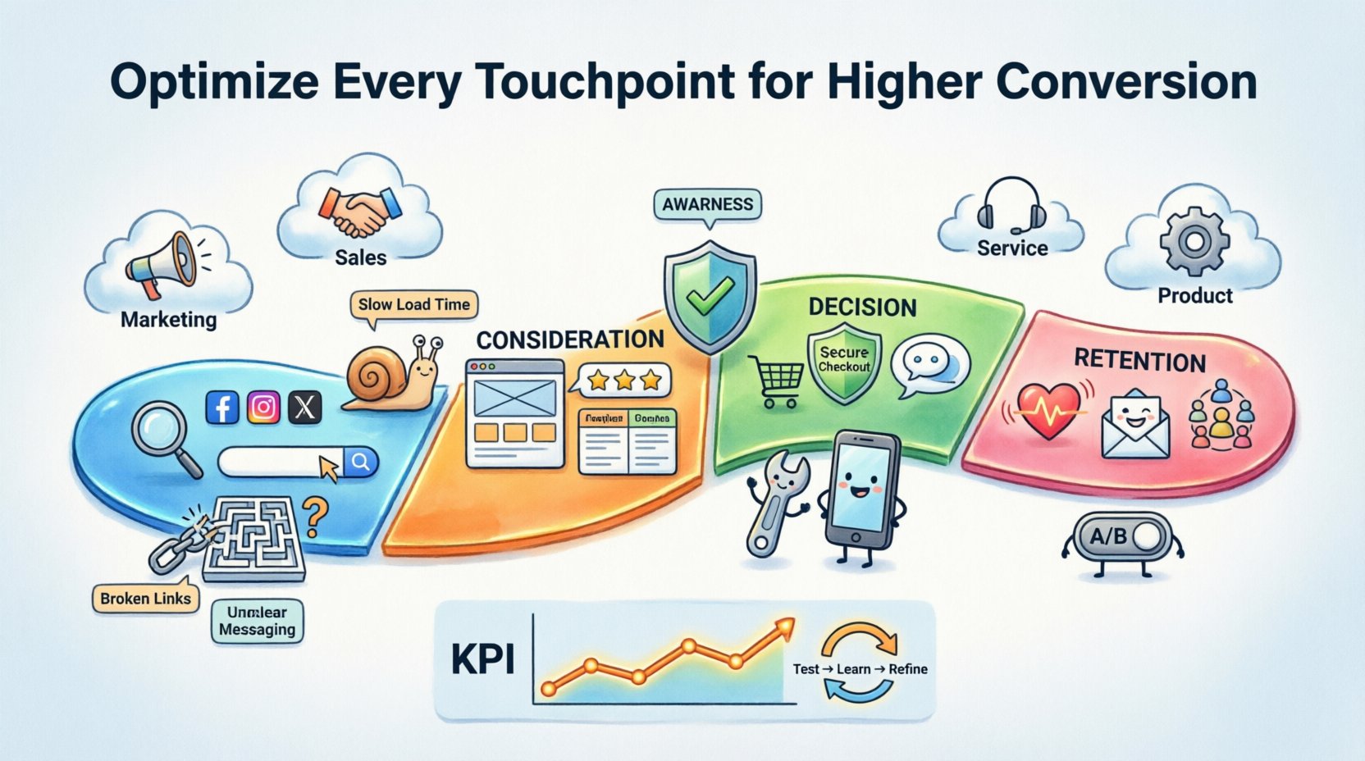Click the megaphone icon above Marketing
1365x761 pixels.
pos(162,264)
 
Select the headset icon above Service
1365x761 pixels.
pos(1011,206)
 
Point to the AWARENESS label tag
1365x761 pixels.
pos(707,204)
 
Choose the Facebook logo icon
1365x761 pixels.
pos(222,407)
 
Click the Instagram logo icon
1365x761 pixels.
pos(263,407)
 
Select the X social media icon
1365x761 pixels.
pos(304,407)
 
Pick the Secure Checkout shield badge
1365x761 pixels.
pos(843,362)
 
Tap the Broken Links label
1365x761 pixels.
pos(145,598)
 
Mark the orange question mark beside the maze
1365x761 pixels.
pos(315,517)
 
